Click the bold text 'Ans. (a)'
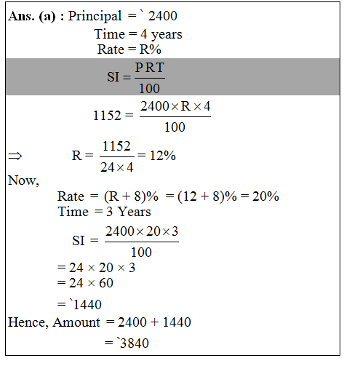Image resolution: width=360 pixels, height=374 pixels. pyautogui.click(x=33, y=16)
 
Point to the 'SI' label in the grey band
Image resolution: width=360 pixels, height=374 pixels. pyautogui.click(x=113, y=76)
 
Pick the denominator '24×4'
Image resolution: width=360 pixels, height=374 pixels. pyautogui.click(x=116, y=165)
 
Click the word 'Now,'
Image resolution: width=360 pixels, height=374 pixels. pyautogui.click(x=23, y=180)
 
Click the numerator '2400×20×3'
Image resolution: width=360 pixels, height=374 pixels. pyautogui.click(x=142, y=232)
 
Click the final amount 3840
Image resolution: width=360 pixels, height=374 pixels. pyautogui.click(x=132, y=343)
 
